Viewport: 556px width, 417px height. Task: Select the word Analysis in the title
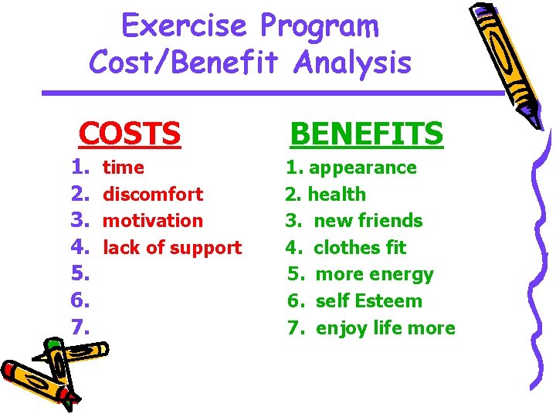(x=351, y=63)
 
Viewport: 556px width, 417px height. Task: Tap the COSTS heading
(x=130, y=134)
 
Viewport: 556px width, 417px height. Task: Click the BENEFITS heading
(x=366, y=134)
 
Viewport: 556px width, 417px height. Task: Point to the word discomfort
(x=153, y=194)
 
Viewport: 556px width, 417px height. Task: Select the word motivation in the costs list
(x=153, y=221)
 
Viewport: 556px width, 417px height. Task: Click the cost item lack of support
(x=172, y=248)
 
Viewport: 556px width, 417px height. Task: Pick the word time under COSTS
(x=124, y=168)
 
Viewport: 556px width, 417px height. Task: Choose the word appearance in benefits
(x=363, y=168)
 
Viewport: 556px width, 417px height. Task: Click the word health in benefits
(x=336, y=195)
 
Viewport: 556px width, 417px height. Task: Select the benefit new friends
(x=368, y=221)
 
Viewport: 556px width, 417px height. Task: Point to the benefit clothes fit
(x=360, y=248)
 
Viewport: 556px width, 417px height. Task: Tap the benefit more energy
(x=375, y=274)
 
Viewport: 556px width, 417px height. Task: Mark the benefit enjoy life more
(x=385, y=328)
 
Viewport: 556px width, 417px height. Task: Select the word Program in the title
(x=319, y=26)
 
